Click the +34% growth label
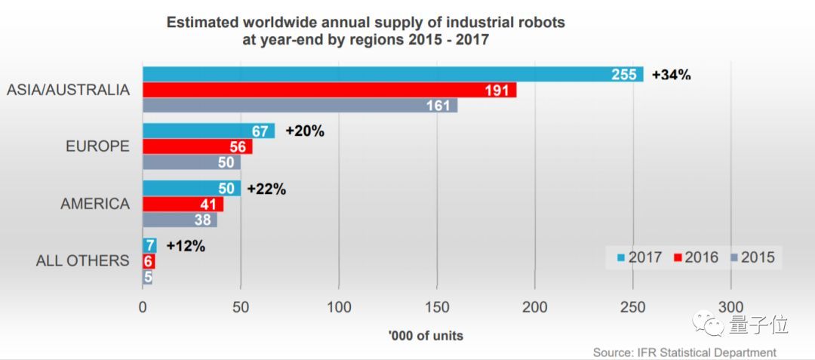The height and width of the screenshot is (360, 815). tap(672, 75)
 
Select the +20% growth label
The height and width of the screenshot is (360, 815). tap(305, 131)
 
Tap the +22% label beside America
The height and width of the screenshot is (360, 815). tap(266, 189)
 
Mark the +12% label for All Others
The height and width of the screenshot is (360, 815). tap(186, 245)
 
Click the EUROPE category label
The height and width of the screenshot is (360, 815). tap(98, 146)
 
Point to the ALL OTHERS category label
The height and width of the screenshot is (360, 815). tap(83, 260)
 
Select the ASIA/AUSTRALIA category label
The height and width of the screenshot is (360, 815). tap(69, 90)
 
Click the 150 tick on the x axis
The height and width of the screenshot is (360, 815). tap(437, 306)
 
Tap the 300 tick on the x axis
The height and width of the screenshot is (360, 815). tap(730, 306)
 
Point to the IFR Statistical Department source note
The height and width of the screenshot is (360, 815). tap(684, 352)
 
